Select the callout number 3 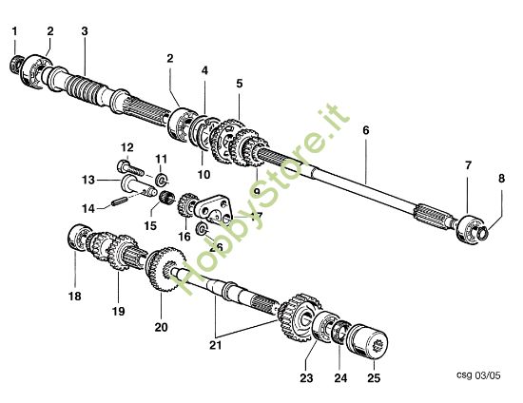tap(85, 31)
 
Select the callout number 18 tap(75, 296)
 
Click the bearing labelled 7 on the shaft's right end tap(467, 228)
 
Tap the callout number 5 tap(239, 83)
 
